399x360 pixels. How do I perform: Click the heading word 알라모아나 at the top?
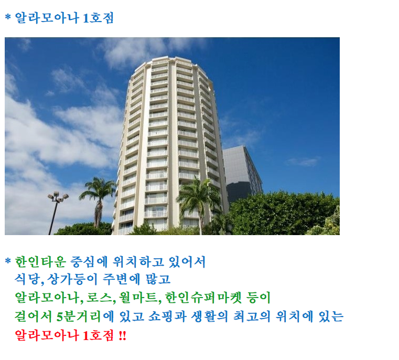pyautogui.click(x=47, y=18)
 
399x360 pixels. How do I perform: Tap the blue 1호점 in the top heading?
pyautogui.click(x=98, y=18)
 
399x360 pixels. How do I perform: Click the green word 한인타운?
pyautogui.click(x=40, y=262)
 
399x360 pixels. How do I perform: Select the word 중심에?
pyautogui.click(x=89, y=262)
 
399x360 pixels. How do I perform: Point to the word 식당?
pyautogui.click(x=27, y=279)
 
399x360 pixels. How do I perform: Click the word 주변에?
pyautogui.click(x=122, y=279)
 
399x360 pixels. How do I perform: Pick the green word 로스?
pyautogui.click(x=99, y=298)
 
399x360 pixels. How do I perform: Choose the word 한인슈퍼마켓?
pyautogui.click(x=203, y=298)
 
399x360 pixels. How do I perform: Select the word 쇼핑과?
pyautogui.click(x=167, y=316)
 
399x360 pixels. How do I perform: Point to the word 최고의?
pyautogui.click(x=252, y=316)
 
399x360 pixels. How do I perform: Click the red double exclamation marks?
pyautogui.click(x=122, y=335)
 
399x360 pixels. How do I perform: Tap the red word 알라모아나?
pyautogui.click(x=47, y=335)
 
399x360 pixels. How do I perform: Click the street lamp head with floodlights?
pyautogui.click(x=58, y=197)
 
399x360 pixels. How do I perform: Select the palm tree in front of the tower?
pyautogui.click(x=200, y=202)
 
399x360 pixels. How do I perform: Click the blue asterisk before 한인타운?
pyautogui.click(x=8, y=261)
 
